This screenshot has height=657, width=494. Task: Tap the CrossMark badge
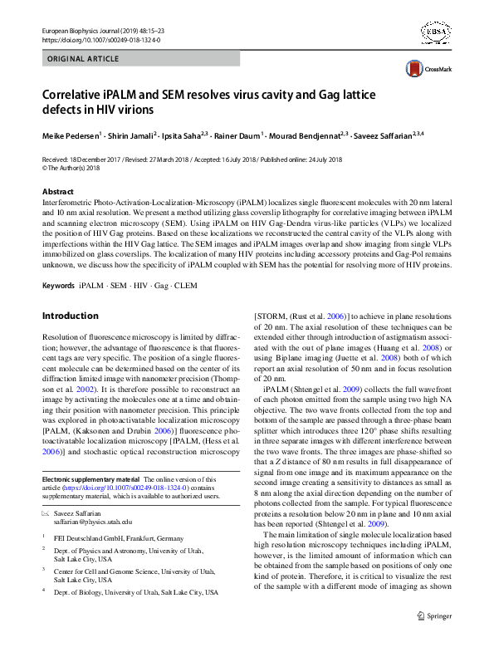pyautogui.click(x=426, y=69)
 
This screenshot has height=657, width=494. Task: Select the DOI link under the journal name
pyautogui.click(x=100, y=39)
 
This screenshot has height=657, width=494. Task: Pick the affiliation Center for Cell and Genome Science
pyautogui.click(x=128, y=572)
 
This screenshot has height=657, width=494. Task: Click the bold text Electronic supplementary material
pyautogui.click(x=91, y=479)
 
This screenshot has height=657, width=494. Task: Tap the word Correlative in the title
pyautogui.click(x=80, y=92)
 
